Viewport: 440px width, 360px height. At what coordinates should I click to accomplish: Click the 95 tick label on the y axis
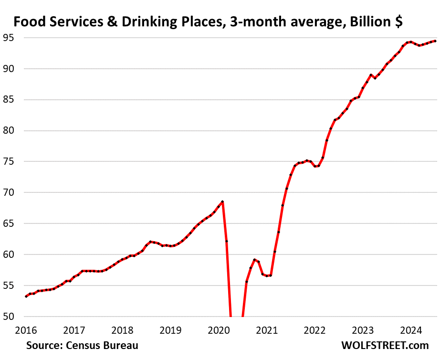10,38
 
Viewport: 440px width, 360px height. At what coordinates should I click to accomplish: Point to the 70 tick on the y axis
10,192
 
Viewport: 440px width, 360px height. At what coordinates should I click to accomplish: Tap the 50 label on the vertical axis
10,316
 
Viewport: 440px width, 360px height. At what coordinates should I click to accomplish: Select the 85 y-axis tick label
10,100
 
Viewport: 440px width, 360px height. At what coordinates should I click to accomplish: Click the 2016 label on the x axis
26,330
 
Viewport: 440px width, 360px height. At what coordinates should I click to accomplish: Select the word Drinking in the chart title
139,21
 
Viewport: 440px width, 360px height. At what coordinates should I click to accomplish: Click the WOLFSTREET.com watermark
385,345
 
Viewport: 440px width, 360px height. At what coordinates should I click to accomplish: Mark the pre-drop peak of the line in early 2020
222,202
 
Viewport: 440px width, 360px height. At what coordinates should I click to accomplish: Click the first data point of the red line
26,296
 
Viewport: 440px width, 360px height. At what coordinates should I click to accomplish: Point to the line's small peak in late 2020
254,259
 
